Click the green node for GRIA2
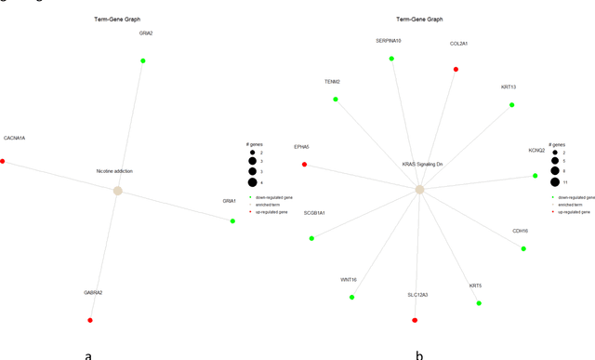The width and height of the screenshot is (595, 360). [143, 61]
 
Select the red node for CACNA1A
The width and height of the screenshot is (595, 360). [3, 162]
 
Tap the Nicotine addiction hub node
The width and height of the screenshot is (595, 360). [117, 191]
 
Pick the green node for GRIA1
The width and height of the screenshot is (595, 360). [233, 220]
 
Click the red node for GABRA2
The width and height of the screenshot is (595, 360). [90, 321]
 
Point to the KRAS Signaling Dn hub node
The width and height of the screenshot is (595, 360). [419, 189]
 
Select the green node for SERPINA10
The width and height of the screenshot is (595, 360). [391, 59]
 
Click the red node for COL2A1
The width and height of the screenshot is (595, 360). [456, 69]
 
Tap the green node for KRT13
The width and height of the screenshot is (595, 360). [511, 105]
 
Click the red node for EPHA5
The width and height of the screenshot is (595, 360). [304, 165]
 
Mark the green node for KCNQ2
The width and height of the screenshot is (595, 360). [535, 175]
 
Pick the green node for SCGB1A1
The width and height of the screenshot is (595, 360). [311, 238]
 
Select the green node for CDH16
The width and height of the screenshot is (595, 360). [523, 248]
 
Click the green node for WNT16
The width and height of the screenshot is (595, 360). [351, 297]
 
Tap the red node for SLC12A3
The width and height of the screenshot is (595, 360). [415, 320]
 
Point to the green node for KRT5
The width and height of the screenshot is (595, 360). [479, 303]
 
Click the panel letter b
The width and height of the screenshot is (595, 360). [419, 353]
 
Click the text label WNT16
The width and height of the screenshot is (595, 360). [349, 279]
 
